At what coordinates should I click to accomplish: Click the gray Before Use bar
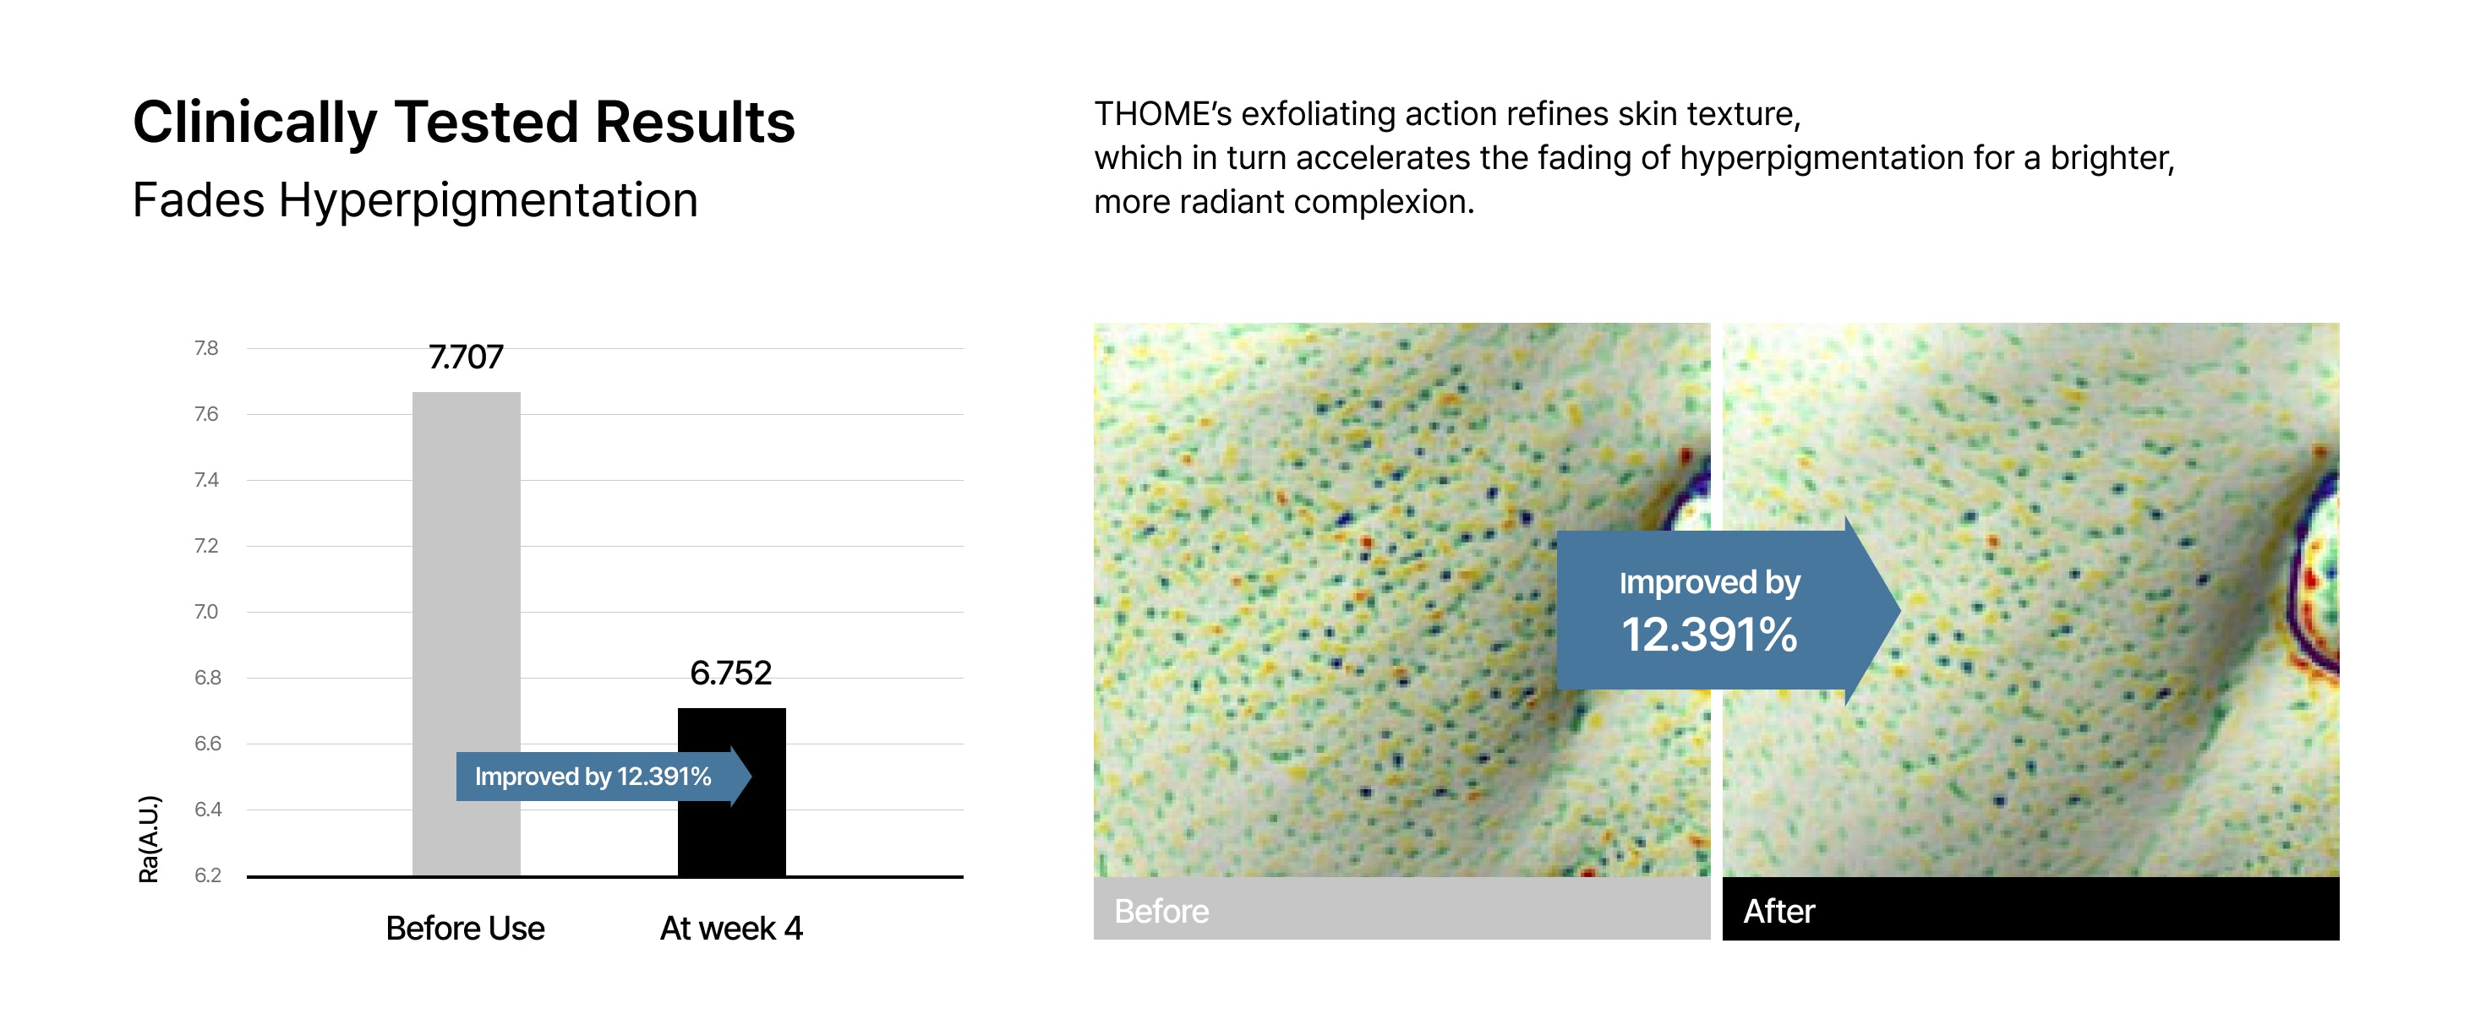pos(466,634)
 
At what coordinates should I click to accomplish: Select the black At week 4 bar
pos(731,793)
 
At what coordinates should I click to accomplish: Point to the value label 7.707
pos(466,357)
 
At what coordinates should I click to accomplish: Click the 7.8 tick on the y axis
pos(206,347)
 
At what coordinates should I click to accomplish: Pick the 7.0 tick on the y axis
pos(206,612)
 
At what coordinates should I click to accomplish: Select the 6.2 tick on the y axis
pos(208,875)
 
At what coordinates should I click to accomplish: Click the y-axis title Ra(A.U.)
pos(149,839)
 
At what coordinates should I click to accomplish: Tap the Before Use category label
pos(465,929)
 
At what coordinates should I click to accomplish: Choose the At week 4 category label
pos(731,929)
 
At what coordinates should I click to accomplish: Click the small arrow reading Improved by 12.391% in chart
pos(604,776)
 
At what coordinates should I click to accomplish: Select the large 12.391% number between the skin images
pos(1709,635)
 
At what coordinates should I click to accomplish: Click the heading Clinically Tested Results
pos(464,123)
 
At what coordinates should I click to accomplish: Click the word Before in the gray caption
pos(1161,911)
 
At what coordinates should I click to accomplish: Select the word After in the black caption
pos(1779,911)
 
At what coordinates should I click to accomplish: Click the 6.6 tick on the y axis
pos(208,744)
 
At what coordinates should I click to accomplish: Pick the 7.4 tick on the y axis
pos(206,479)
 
